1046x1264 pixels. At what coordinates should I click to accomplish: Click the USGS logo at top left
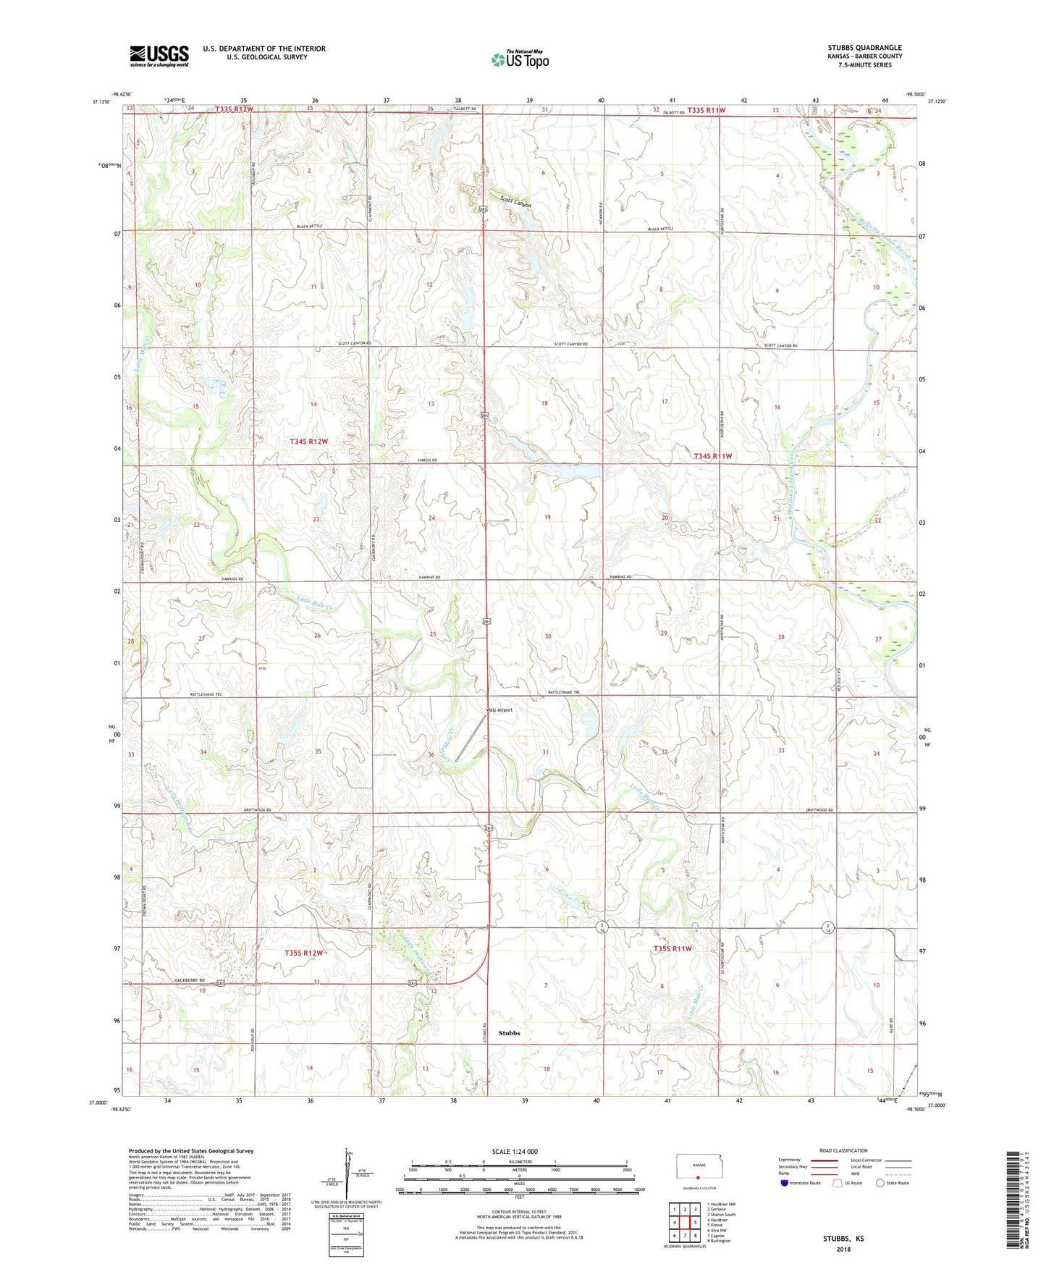click(x=159, y=56)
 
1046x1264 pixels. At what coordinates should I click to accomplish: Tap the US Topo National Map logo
click(x=520, y=59)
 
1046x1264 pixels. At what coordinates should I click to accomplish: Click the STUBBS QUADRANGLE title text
click(x=864, y=48)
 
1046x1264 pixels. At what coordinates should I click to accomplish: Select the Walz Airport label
click(x=499, y=709)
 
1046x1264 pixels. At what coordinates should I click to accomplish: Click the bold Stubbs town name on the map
click(x=509, y=1033)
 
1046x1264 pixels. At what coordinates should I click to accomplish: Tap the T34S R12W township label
click(x=308, y=441)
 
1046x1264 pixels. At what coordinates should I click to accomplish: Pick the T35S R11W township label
click(x=672, y=948)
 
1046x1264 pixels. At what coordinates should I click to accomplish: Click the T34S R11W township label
click(x=713, y=456)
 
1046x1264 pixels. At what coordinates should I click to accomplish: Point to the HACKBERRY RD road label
click(x=191, y=980)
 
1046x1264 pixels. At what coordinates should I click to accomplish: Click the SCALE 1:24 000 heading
click(x=515, y=1151)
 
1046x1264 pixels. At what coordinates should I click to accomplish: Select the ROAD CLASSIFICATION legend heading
click(x=843, y=1150)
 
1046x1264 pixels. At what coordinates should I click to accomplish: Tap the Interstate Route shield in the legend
click(x=784, y=1183)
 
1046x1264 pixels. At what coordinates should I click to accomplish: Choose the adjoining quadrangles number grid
click(x=685, y=1223)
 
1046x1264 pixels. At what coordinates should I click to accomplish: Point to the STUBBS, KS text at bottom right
click(x=843, y=1239)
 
